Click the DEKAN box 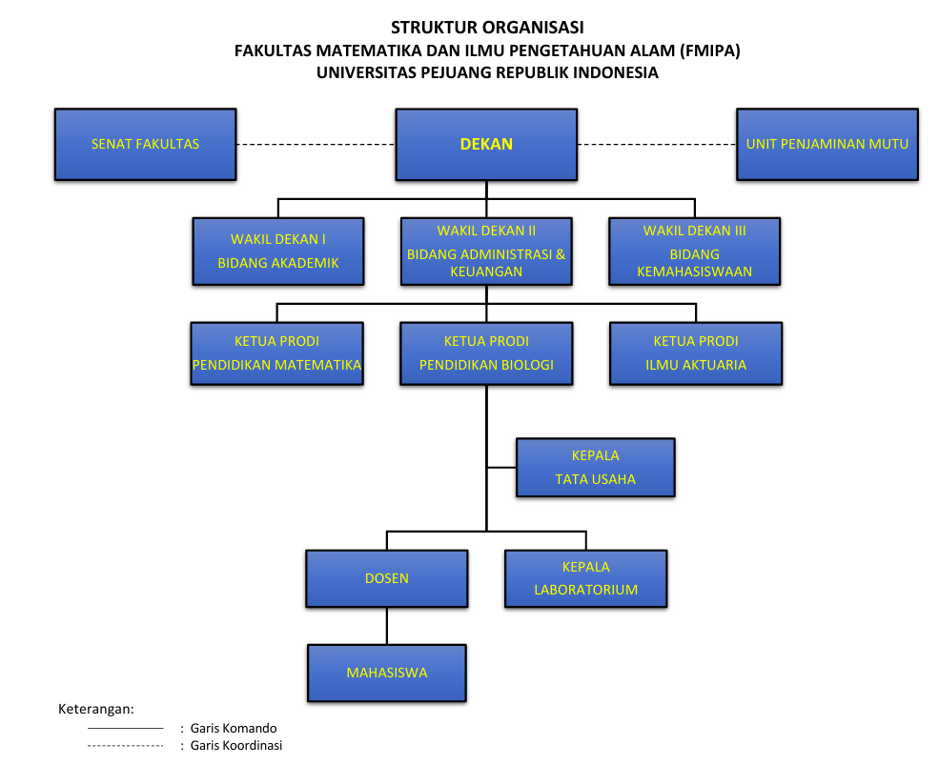486,145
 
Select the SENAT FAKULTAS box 145,145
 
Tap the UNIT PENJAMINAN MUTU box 827,145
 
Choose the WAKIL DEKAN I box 278,252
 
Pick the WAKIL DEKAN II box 486,252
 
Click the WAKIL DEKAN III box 694,252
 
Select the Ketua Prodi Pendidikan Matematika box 276,353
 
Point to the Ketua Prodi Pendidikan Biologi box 486,353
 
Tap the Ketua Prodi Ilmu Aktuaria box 696,353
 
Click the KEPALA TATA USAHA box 595,468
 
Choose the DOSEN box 387,578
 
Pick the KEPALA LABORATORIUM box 585,578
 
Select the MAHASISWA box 387,673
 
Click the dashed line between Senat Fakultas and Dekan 316,145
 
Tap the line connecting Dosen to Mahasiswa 387,626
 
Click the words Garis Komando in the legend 234,729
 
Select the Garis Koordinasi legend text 236,746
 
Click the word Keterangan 96,710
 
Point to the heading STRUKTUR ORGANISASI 487,27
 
